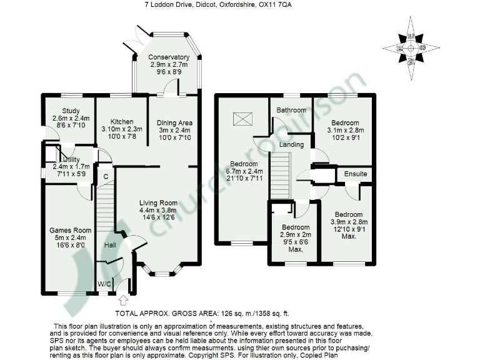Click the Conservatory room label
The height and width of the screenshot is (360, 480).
tap(165, 57)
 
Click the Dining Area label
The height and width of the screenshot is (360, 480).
tap(174, 122)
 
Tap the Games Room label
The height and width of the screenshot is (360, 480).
tap(66, 229)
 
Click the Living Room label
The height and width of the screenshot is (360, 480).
tap(158, 203)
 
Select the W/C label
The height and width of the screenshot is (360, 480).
tap(105, 284)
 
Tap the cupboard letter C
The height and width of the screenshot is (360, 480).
tap(107, 177)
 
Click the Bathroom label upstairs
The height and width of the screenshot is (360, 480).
tap(291, 111)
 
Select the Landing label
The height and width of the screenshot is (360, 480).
tap(291, 144)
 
